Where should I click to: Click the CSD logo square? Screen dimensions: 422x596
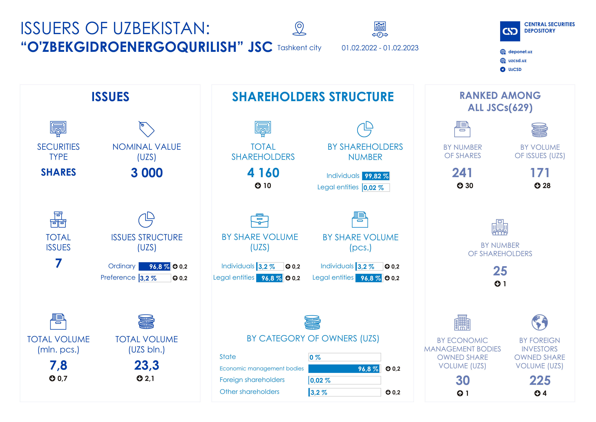[x=510, y=31]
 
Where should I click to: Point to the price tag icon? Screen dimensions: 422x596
[x=146, y=129]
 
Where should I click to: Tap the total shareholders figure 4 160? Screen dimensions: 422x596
[x=263, y=173]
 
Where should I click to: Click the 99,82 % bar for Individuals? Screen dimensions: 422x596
[x=376, y=176]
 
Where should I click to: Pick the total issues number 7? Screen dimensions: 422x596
[x=58, y=263]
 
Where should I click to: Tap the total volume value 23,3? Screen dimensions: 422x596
[x=147, y=365]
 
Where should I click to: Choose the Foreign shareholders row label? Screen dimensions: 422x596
[x=252, y=380]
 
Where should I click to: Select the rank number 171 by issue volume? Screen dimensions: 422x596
[x=540, y=173]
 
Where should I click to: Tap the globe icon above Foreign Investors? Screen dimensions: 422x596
[x=540, y=322]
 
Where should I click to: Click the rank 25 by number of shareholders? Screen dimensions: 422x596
[x=500, y=271]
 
